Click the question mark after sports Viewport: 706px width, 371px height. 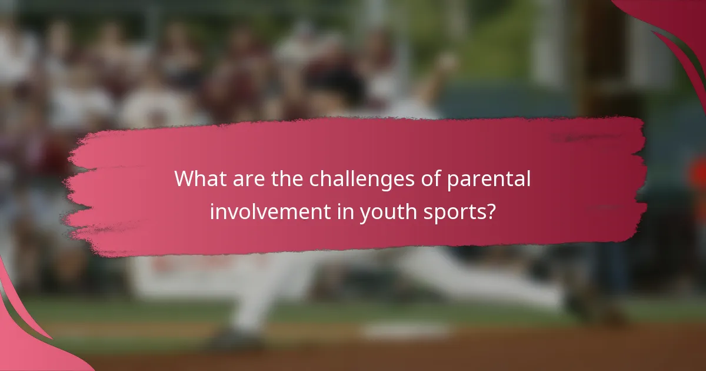491,211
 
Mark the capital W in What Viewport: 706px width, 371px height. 184,179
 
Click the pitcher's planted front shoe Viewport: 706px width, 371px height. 235,339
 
